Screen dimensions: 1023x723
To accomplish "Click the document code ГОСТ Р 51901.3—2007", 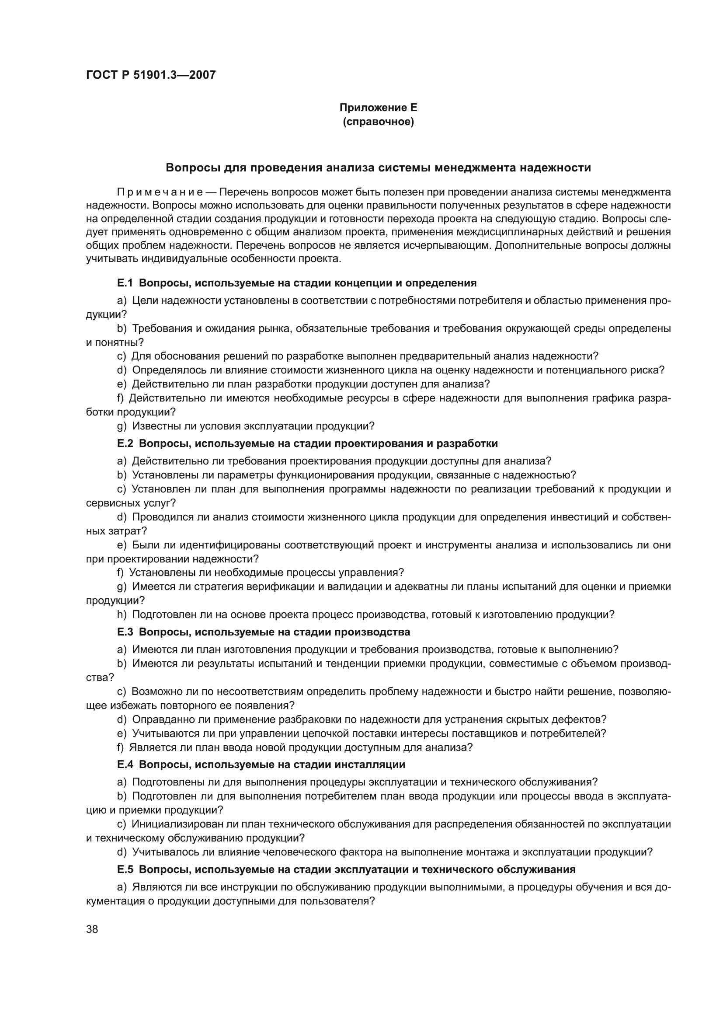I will coord(151,75).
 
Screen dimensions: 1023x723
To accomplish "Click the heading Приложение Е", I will coord(378,108).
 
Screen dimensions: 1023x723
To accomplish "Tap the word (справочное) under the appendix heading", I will coord(378,122).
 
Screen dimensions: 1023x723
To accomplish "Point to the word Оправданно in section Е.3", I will coord(160,719).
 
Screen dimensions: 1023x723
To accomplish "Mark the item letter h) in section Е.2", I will coord(122,614).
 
